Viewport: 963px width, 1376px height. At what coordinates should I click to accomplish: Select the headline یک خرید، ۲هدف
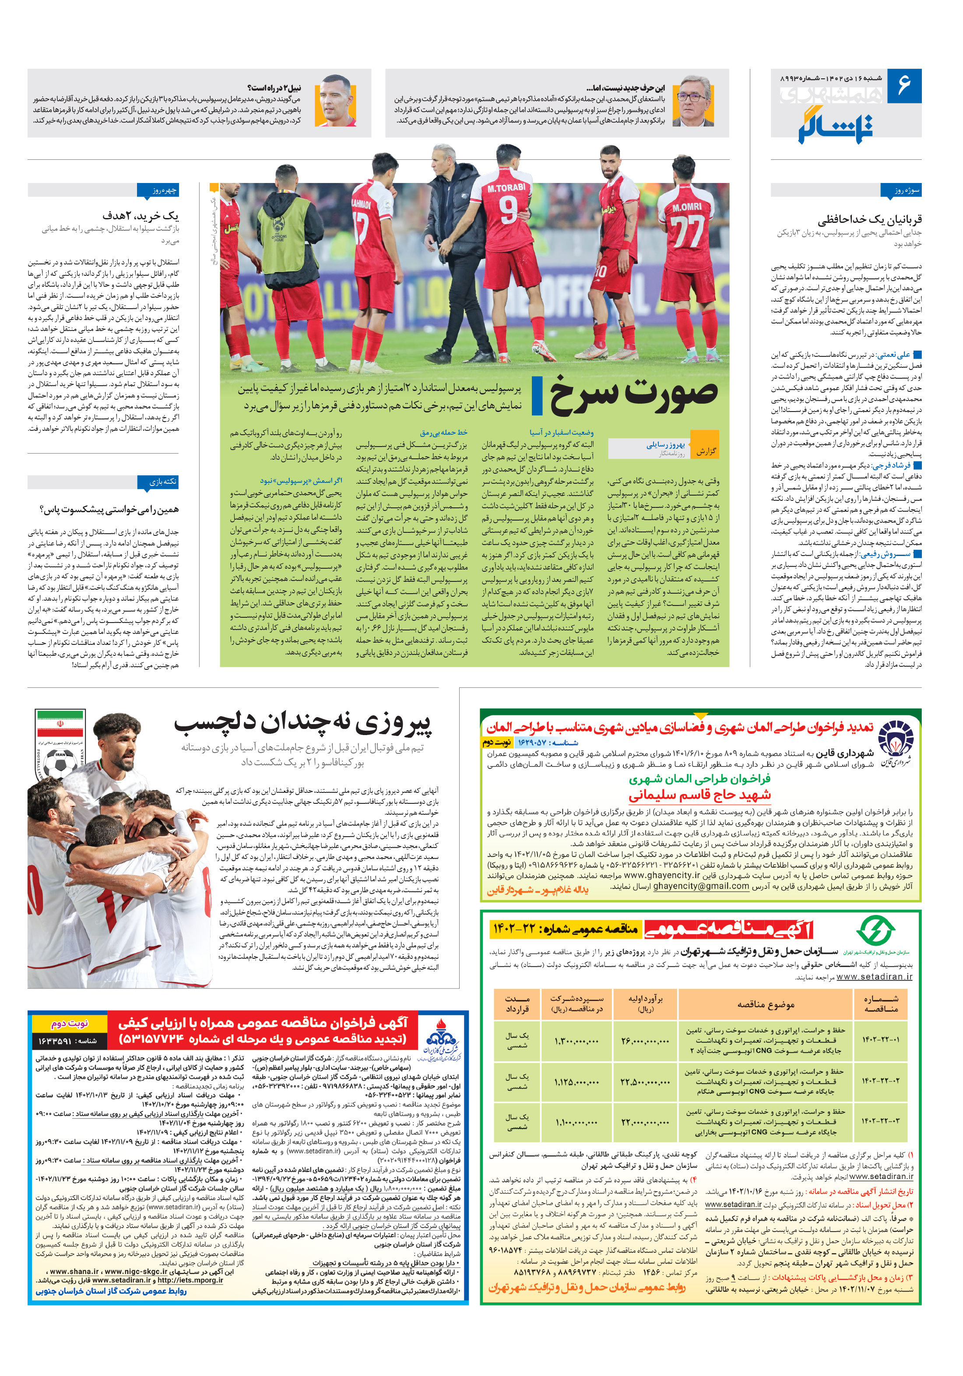click(x=140, y=215)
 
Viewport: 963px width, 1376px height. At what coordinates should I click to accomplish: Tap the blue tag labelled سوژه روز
click(x=900, y=190)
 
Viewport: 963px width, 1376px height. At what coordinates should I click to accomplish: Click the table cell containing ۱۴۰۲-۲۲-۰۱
click(x=880, y=1039)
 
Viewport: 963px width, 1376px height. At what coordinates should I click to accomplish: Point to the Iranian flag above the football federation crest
click(x=60, y=728)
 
